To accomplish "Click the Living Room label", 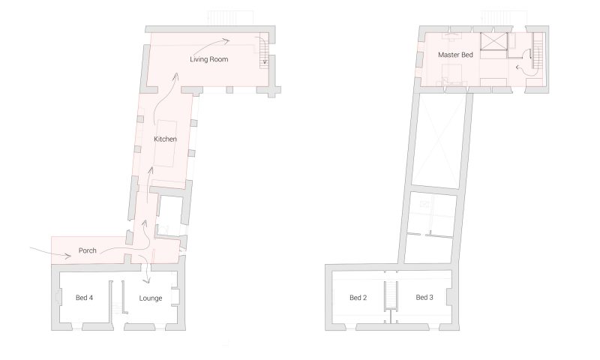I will (208, 58).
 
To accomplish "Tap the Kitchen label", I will (165, 139).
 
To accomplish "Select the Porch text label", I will (88, 250).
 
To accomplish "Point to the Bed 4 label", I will (85, 298).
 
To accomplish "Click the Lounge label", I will (151, 298).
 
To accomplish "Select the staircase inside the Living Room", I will (262, 51).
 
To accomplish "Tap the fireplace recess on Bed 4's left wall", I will (59, 298).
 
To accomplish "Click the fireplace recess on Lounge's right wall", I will (176, 298).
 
